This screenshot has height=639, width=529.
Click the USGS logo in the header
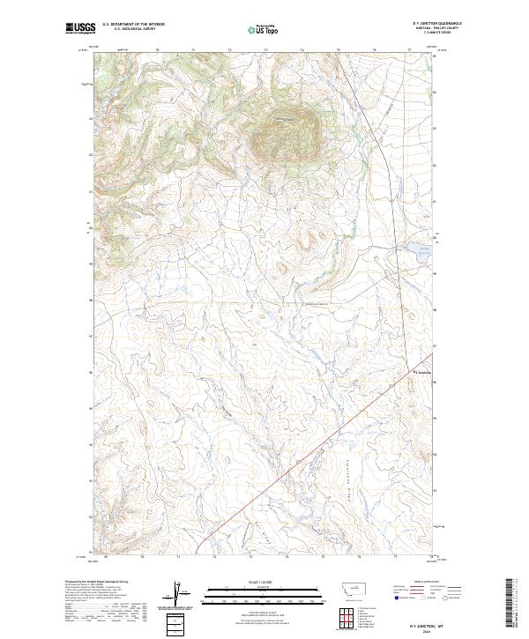[x=79, y=28]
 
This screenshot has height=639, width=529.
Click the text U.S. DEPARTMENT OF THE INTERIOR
[x=133, y=24]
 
